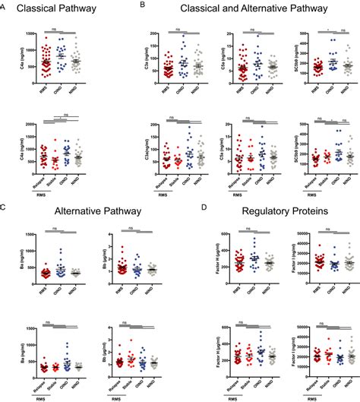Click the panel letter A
tap(5, 5)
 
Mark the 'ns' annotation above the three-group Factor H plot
tap(234, 229)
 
